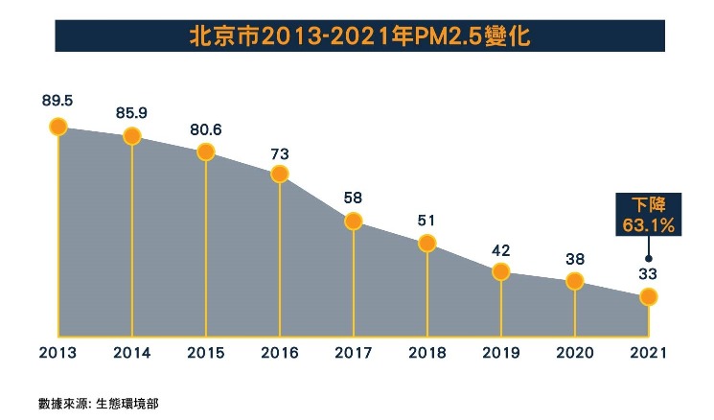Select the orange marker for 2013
[x=58, y=126]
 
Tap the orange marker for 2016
[x=279, y=174]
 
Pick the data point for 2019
[x=501, y=271]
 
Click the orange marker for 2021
[x=649, y=297]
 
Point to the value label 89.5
[x=58, y=100]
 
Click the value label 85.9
[x=132, y=111]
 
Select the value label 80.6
[x=205, y=128]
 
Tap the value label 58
[x=354, y=198]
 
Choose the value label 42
[x=501, y=248]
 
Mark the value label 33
[x=649, y=273]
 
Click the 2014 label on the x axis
[x=132, y=352]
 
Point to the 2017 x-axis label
[x=354, y=352]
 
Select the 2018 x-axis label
[x=427, y=352]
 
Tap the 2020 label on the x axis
[x=575, y=352]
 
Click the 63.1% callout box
[x=649, y=215]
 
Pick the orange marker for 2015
[x=205, y=152]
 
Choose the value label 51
[x=427, y=220]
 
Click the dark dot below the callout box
[x=649, y=257]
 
